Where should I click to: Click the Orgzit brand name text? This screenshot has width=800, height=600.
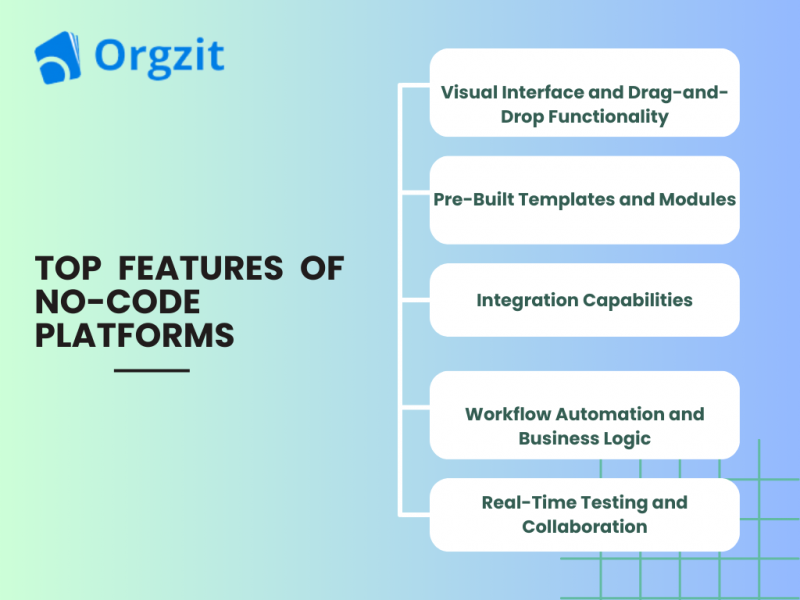pyautogui.click(x=159, y=56)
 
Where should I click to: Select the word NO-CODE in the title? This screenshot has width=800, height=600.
pyautogui.click(x=118, y=301)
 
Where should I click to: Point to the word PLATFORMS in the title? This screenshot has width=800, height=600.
pyautogui.click(x=135, y=335)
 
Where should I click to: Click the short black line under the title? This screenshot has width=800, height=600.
pyautogui.click(x=152, y=371)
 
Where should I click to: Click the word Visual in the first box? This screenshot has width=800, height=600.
pyautogui.click(x=470, y=92)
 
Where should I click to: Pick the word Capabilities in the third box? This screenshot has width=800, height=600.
pyautogui.click(x=636, y=299)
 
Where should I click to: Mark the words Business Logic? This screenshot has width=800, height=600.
pyautogui.click(x=584, y=438)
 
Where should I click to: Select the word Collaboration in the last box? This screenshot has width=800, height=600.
pyautogui.click(x=584, y=526)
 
